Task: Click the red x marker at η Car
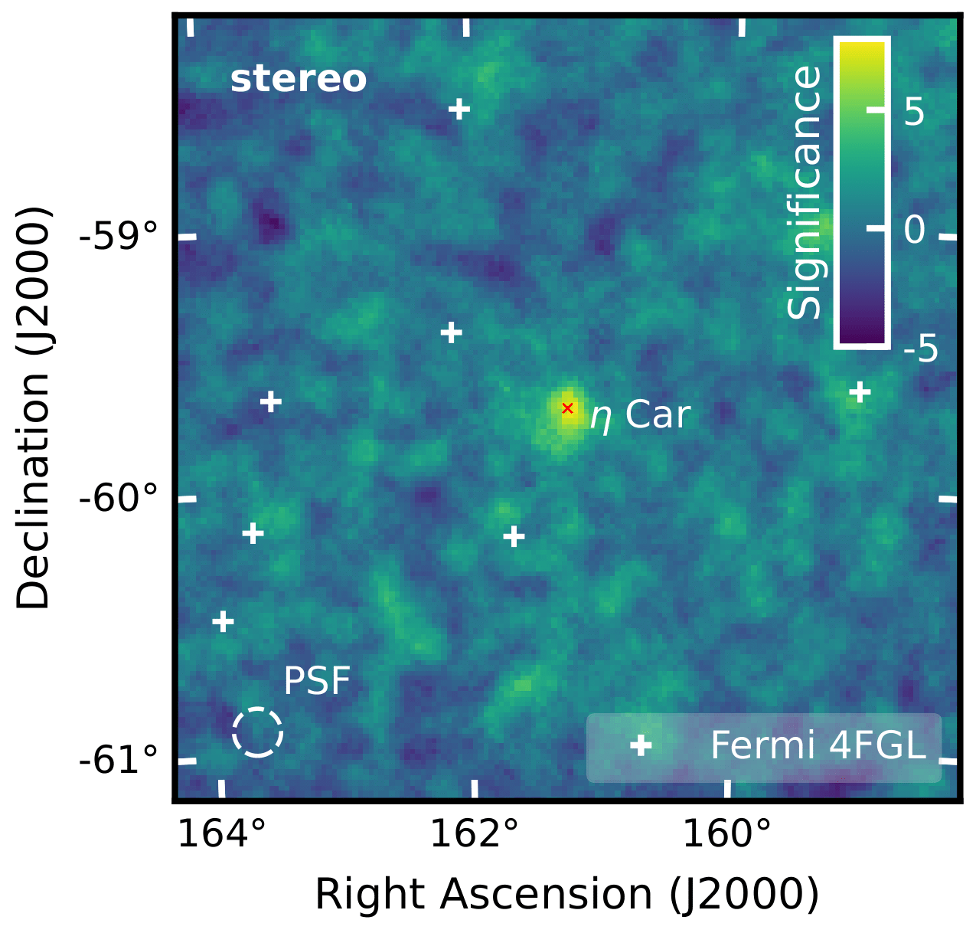pyautogui.click(x=567, y=408)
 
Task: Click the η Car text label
pyautogui.click(x=640, y=416)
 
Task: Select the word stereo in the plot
pyautogui.click(x=299, y=80)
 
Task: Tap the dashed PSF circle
pyautogui.click(x=258, y=732)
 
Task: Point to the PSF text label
pyautogui.click(x=317, y=681)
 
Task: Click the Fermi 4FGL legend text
pyautogui.click(x=818, y=745)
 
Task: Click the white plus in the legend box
pyautogui.click(x=641, y=745)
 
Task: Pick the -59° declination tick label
pyautogui.click(x=119, y=237)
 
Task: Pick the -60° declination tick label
pyautogui.click(x=119, y=499)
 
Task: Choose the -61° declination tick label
pyautogui.click(x=119, y=761)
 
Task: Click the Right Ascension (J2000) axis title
pyautogui.click(x=567, y=894)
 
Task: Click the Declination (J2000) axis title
pyautogui.click(x=34, y=408)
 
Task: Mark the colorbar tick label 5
pyautogui.click(x=915, y=113)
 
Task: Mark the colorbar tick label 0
pyautogui.click(x=915, y=229)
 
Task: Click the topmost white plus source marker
pyautogui.click(x=459, y=109)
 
